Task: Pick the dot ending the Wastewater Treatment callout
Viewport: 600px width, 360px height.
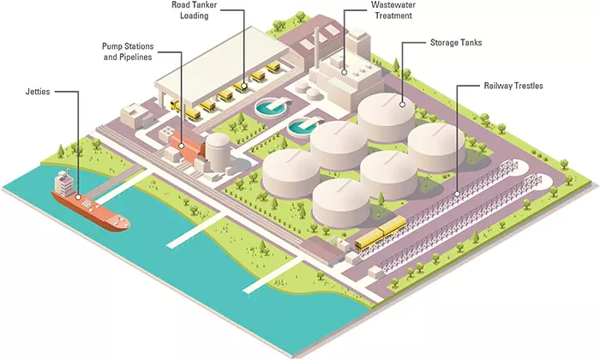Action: (x=344, y=73)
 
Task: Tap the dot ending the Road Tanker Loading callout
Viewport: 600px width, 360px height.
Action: (x=243, y=85)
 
